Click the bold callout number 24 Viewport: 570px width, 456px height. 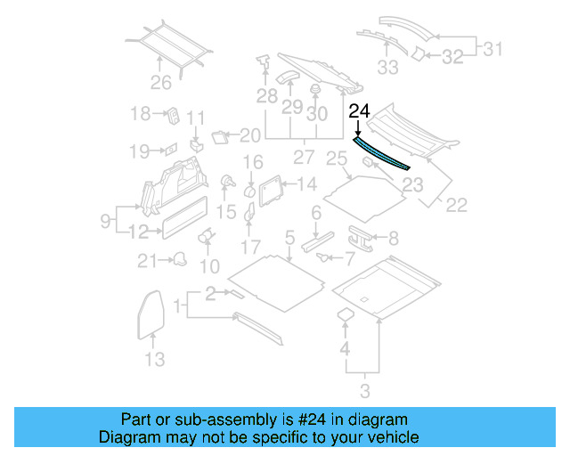[359, 112]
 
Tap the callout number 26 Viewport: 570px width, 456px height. [159, 84]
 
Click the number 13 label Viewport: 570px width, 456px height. [154, 360]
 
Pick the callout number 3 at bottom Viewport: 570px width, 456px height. [364, 390]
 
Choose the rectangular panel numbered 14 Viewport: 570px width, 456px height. [268, 187]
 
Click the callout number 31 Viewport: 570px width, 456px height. [493, 49]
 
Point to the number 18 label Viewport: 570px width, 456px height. [141, 113]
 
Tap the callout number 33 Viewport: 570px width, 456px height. [388, 67]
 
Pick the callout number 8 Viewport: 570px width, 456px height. [394, 238]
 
